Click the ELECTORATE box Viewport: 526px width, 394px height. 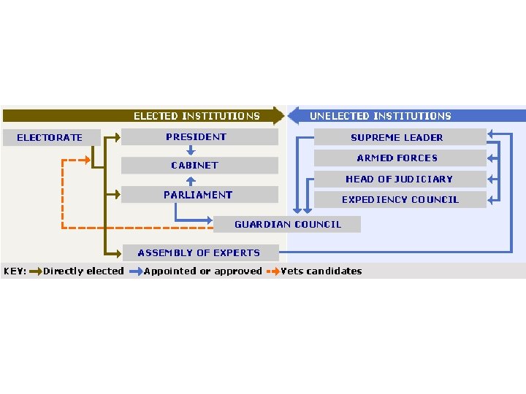50,137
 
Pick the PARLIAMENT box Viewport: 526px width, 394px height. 199,195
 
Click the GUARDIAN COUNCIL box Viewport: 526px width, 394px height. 287,224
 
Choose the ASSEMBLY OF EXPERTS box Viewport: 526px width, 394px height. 199,252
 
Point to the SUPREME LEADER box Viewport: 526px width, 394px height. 399,137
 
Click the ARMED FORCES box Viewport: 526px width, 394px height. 399,158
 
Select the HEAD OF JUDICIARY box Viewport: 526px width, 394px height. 399,179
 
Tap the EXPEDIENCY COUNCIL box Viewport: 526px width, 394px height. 399,199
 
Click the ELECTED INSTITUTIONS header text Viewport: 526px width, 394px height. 197,116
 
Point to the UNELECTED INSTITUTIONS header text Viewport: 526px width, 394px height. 381,116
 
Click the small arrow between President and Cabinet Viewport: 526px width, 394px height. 190,151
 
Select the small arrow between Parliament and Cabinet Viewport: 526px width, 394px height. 190,180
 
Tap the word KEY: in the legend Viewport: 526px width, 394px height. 15,271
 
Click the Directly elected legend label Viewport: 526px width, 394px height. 83,271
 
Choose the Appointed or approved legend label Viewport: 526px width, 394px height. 203,271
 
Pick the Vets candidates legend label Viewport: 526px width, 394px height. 321,271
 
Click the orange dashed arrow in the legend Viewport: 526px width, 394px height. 273,271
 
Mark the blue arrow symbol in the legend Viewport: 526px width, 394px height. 136,271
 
